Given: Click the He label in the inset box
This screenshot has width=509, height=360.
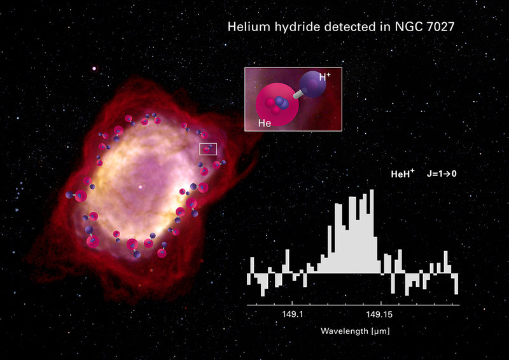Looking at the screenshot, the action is pos(265,123).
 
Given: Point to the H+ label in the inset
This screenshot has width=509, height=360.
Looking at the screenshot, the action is pos(324,76).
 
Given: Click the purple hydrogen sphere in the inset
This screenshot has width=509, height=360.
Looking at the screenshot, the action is pos(312,85).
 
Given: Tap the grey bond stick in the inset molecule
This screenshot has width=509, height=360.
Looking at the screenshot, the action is pos(298,94).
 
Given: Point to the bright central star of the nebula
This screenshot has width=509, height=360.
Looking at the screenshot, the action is pos(140,186).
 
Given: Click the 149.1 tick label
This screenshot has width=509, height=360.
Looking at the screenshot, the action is pos(293,314).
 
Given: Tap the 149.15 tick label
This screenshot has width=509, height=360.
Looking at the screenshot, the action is pos(379,314).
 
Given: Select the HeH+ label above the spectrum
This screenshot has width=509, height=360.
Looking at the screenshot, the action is pos(403,174).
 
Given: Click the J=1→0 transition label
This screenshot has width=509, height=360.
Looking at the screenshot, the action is pos(442,174).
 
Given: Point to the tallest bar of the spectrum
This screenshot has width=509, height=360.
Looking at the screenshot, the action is pos(372,231).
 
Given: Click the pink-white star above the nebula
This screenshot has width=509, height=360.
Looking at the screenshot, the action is pos(94,68).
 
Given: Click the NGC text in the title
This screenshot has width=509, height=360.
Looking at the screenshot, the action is pos(408,26).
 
